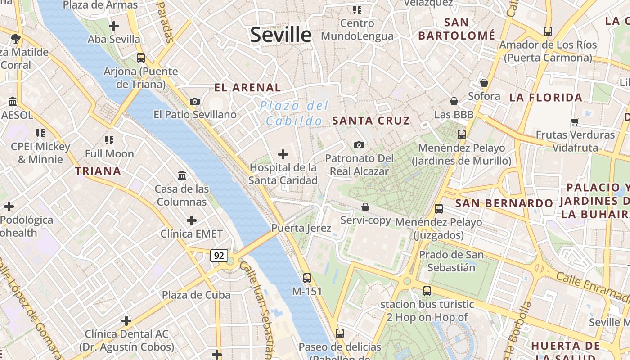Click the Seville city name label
tap(281, 35)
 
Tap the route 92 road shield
tap(219, 256)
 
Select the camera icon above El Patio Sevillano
tap(195, 102)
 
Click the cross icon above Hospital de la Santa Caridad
tap(283, 155)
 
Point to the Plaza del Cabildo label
tap(294, 113)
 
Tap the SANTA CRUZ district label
tap(371, 121)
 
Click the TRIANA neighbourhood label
tap(98, 171)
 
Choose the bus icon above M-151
tap(307, 278)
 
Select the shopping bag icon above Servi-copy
tap(365, 207)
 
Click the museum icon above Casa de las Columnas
tap(182, 175)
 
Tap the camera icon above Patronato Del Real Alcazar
tap(359, 145)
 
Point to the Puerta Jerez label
tap(301, 228)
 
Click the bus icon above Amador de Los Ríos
tap(548, 31)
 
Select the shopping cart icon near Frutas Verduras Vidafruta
tap(575, 121)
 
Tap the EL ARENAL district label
tap(247, 88)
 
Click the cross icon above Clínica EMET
tap(192, 220)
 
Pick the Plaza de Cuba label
tap(196, 295)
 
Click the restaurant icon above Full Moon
tap(109, 140)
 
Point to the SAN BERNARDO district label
tap(504, 203)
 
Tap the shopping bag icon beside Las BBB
tap(454, 102)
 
